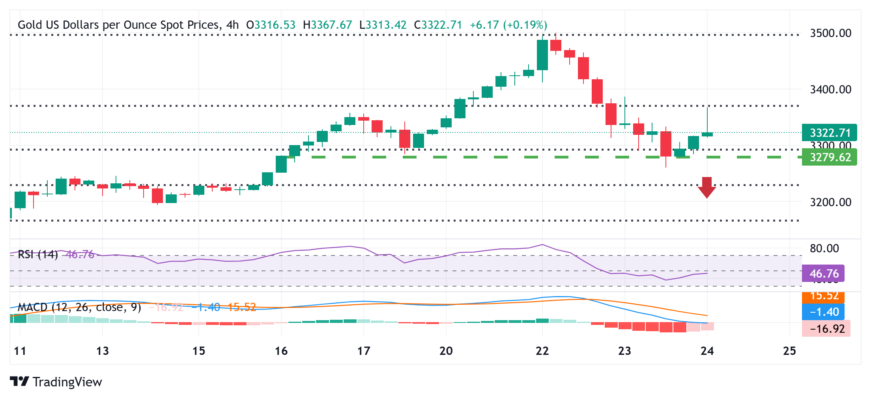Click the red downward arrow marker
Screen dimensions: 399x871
[707, 188]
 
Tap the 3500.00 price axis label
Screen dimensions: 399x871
[830, 33]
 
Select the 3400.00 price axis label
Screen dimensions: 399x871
[830, 89]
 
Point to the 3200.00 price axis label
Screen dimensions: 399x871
[830, 202]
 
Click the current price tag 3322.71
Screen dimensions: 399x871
[830, 133]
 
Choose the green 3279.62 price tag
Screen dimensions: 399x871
[830, 157]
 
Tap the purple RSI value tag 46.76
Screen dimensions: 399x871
[824, 273]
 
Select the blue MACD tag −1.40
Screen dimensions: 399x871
[824, 312]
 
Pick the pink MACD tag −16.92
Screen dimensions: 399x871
[826, 328]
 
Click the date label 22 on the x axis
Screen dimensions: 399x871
[542, 351]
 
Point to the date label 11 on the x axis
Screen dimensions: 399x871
[20, 351]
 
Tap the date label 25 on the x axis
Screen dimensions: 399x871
[789, 351]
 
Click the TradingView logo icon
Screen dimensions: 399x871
[19, 382]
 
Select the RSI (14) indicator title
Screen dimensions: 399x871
[38, 254]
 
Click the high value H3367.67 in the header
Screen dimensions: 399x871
[327, 25]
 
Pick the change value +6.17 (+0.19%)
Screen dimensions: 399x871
[508, 25]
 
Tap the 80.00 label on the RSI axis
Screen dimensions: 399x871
[824, 248]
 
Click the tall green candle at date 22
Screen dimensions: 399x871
[542, 55]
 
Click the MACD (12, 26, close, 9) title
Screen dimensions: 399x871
[79, 307]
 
